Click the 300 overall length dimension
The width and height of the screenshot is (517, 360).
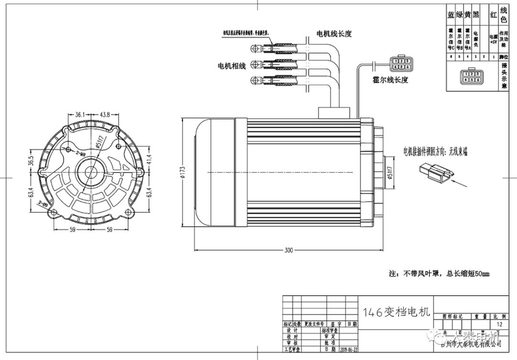click(x=289, y=250)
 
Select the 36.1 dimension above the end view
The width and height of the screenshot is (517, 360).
click(x=80, y=114)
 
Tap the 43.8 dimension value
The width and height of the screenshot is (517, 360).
click(x=105, y=114)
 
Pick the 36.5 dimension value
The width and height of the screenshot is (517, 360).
click(x=31, y=160)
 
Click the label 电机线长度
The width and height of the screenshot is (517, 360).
click(x=334, y=34)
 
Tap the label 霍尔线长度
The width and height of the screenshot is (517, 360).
click(x=390, y=80)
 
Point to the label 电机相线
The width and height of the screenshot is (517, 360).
click(x=232, y=66)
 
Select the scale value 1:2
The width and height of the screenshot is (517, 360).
click(x=500, y=324)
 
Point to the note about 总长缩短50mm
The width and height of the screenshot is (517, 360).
click(x=439, y=274)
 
